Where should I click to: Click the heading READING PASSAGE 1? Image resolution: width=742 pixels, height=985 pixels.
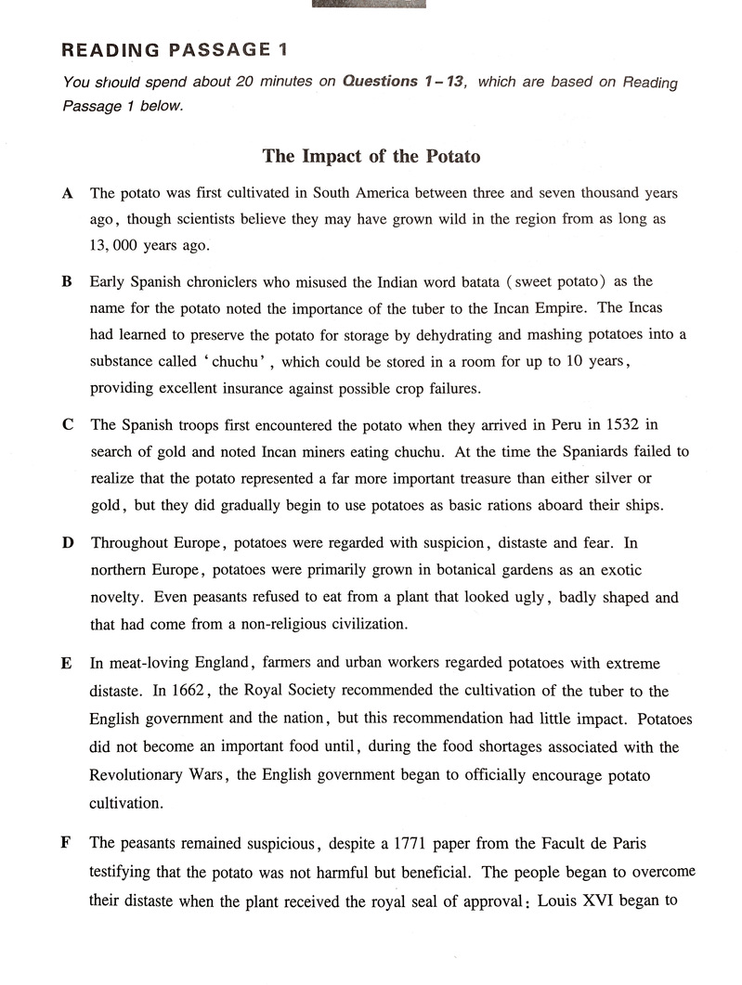pyautogui.click(x=180, y=50)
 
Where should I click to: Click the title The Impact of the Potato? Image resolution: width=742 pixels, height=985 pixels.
pyautogui.click(x=371, y=156)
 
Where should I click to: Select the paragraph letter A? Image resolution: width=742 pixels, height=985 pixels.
pyautogui.click(x=67, y=194)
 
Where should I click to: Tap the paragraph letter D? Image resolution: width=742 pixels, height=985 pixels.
pyautogui.click(x=68, y=542)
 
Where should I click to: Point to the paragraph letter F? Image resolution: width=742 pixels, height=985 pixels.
pyautogui.click(x=66, y=844)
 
